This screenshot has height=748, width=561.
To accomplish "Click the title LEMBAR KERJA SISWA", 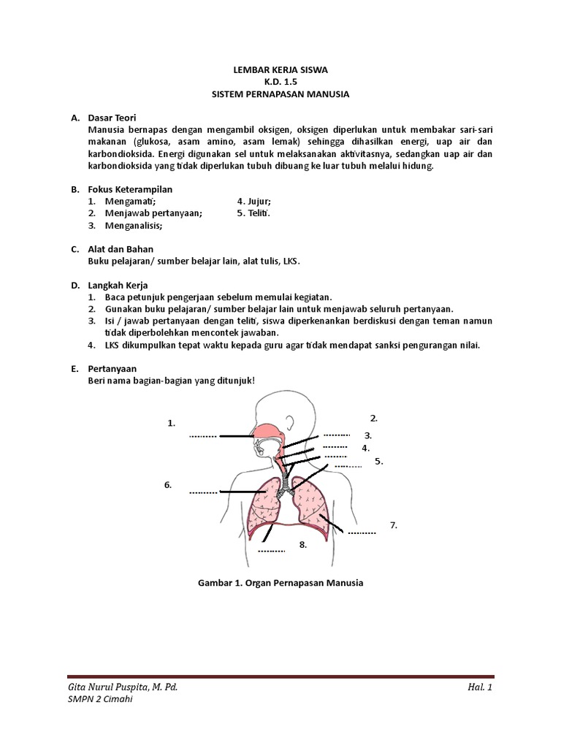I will click(x=280, y=70).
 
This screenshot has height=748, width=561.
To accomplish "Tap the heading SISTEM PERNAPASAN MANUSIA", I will click(x=280, y=94).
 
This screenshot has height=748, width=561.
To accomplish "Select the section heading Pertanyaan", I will click(x=112, y=368).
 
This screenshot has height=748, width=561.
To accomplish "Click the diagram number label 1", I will click(x=172, y=422).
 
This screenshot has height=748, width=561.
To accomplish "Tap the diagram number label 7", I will click(x=393, y=524).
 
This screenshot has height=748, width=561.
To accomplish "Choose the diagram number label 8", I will click(x=302, y=544).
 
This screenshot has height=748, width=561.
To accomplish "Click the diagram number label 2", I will click(x=373, y=418).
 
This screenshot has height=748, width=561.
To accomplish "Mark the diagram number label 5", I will click(x=378, y=461).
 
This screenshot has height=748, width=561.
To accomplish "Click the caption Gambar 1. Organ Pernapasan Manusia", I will click(x=280, y=583).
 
